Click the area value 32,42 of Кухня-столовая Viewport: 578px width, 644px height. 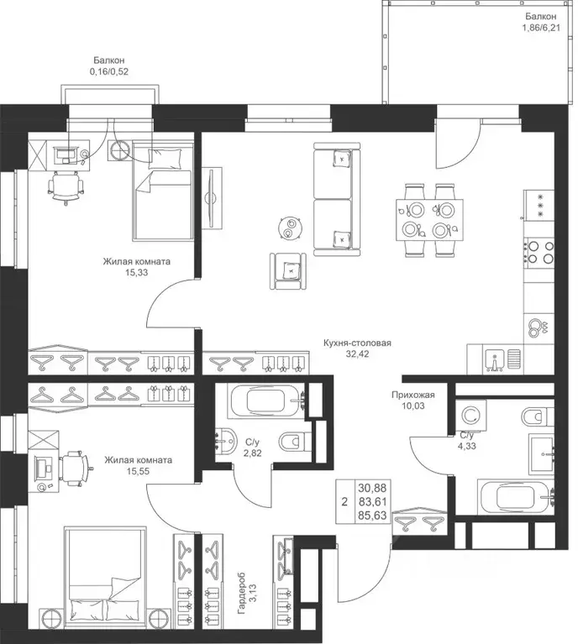pos(357,353)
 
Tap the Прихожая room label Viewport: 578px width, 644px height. pos(412,395)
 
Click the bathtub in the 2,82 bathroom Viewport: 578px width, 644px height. pos(267,401)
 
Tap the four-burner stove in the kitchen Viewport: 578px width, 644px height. pos(539,252)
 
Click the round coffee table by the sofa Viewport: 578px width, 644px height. pos(290,228)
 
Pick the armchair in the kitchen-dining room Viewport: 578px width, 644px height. pos(288,270)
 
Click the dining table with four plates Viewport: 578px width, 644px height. pos(429,220)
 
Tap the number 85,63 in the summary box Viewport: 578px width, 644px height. pos(372,515)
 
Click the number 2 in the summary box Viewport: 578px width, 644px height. pos(344,501)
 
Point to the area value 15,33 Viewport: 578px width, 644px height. pos(137,272)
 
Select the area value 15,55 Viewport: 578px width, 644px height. pos(138,471)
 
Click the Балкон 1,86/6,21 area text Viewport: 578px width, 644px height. pos(540,22)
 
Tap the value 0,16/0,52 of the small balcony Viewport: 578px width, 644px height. pos(109,71)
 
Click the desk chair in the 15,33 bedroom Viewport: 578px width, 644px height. pos(66,187)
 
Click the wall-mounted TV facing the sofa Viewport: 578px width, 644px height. pos(212,197)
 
